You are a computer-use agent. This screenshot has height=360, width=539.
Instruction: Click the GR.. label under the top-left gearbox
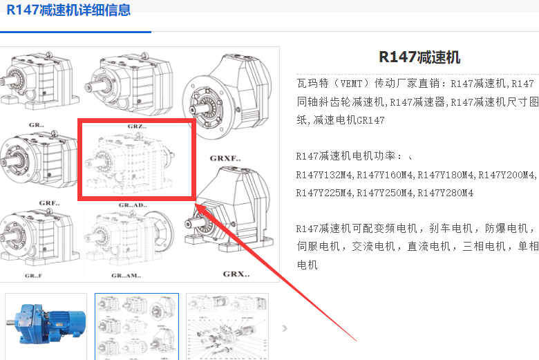click(36, 125)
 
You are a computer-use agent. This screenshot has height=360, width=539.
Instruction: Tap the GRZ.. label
click(137, 126)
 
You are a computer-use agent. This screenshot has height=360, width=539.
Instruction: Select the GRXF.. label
click(225, 158)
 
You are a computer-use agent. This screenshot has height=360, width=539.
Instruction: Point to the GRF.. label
click(49, 203)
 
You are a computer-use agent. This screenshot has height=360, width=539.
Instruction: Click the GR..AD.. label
click(133, 205)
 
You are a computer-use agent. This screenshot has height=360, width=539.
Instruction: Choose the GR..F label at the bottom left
click(33, 276)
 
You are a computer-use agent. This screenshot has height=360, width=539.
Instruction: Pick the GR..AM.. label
click(126, 276)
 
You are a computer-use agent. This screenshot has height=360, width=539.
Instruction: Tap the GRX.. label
click(236, 274)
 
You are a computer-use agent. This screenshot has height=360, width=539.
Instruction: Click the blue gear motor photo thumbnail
click(46, 326)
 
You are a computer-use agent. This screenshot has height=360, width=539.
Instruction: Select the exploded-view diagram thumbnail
click(227, 326)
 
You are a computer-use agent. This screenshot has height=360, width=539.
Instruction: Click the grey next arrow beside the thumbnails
click(285, 328)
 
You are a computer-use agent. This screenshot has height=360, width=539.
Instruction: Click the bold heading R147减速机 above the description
click(419, 57)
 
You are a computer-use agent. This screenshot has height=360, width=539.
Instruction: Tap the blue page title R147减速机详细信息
click(68, 9)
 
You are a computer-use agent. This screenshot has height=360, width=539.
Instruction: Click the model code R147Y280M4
click(445, 193)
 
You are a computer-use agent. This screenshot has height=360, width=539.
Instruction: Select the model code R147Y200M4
click(506, 175)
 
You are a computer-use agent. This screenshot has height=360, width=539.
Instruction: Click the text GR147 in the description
click(370, 120)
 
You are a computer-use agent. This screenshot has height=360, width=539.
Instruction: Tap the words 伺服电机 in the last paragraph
click(318, 247)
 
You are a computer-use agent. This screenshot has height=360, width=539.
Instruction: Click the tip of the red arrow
click(195, 204)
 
